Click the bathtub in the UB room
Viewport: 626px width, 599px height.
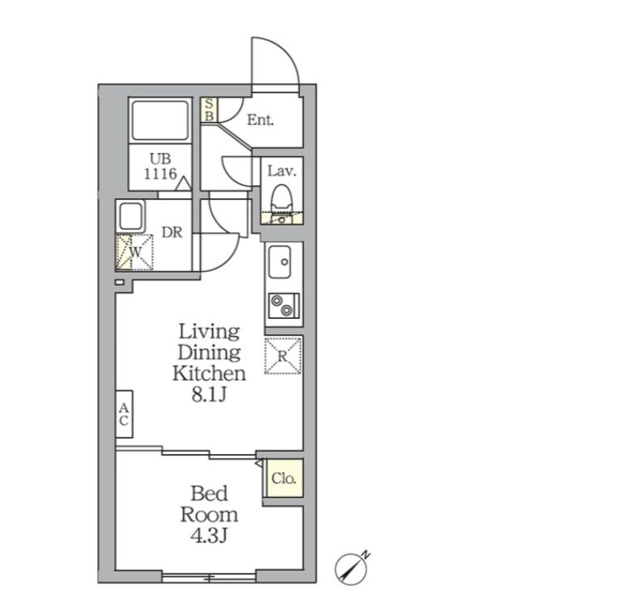(160, 120)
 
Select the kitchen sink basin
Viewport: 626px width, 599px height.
(279, 261)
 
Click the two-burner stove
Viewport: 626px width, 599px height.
(284, 305)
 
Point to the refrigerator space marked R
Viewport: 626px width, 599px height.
(283, 355)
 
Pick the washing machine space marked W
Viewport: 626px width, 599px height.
(134, 253)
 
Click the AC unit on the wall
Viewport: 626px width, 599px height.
(124, 414)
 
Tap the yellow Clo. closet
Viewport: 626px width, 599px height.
(284, 478)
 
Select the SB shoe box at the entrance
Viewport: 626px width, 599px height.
(209, 111)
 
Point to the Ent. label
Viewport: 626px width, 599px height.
(260, 120)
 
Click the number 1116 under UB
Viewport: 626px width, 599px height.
(160, 173)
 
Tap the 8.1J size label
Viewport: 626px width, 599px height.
(209, 395)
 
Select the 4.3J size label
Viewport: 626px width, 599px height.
(209, 536)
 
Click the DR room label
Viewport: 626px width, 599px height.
(172, 232)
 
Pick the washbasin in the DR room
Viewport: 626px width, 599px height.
(130, 216)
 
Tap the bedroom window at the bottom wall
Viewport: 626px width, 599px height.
(209, 577)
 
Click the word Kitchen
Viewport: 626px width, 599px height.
(209, 373)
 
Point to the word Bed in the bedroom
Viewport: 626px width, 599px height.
(209, 494)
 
